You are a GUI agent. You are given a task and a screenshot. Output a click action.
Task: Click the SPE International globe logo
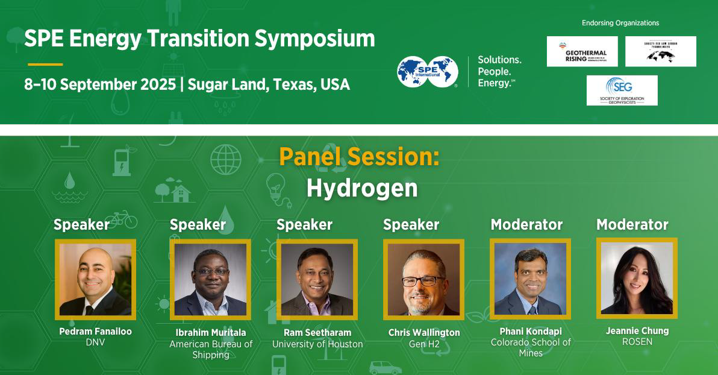[x=427, y=71]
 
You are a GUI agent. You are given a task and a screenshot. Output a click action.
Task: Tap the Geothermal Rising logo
[x=582, y=51]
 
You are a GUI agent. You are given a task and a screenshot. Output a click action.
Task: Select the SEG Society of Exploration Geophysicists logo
[x=622, y=90]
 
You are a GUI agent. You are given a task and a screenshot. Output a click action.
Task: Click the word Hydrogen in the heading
[x=361, y=188]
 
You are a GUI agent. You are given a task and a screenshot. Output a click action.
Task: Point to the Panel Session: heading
[x=359, y=157]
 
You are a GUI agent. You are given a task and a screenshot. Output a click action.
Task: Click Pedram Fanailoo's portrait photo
[x=95, y=279]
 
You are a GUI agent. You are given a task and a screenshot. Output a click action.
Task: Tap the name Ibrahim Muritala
[x=211, y=333]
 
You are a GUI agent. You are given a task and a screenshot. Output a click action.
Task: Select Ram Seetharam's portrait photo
[x=317, y=279]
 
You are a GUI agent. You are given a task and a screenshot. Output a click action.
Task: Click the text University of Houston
[x=317, y=344]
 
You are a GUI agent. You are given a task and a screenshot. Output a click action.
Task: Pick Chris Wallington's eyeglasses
[x=423, y=280]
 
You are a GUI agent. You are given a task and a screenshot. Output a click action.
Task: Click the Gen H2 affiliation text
[x=424, y=344]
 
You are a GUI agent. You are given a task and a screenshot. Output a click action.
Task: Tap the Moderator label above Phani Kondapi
[x=526, y=225]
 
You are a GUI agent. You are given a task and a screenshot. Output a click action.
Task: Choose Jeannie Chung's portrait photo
[x=637, y=278]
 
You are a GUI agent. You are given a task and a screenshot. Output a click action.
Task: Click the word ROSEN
[x=637, y=342]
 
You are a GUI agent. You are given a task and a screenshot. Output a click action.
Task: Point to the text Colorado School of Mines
[x=531, y=347]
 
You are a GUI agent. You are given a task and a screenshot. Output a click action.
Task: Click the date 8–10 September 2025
[x=100, y=84]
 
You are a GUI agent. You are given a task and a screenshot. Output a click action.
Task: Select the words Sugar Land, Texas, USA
[x=269, y=84]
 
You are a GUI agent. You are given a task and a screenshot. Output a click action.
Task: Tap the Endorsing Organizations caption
[x=620, y=23]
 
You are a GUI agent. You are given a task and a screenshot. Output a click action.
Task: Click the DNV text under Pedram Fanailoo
[x=95, y=342]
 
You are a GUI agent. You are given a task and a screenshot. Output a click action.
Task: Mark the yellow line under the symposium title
[x=45, y=64]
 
